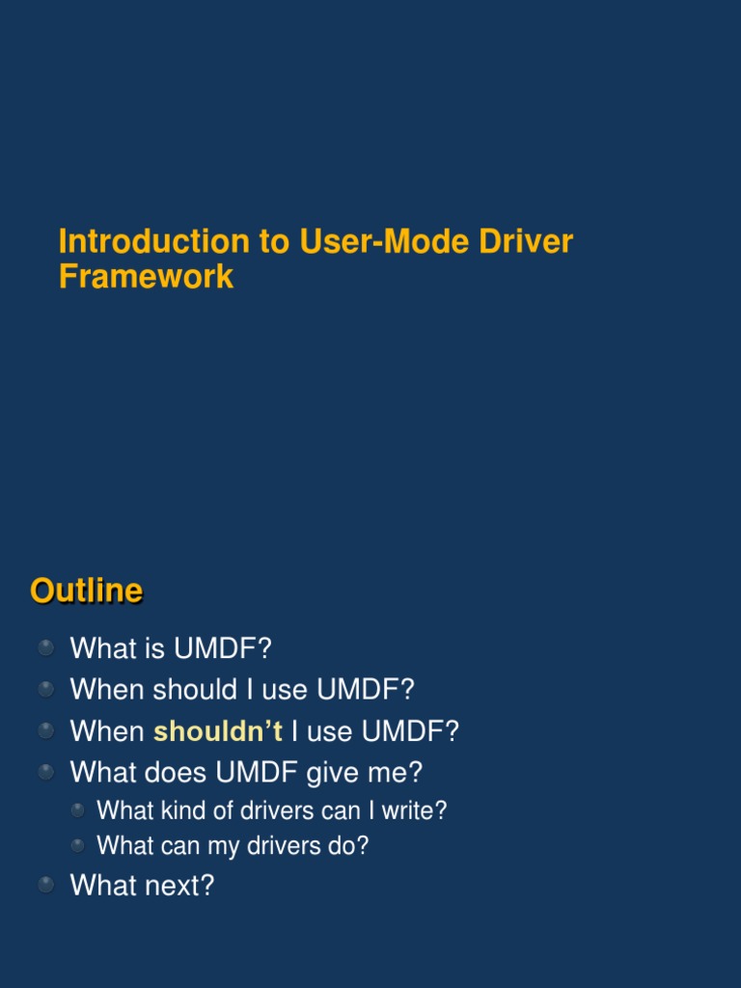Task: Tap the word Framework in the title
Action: pos(146,277)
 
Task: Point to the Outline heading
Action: pos(86,590)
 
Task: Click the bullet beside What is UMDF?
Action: pos(46,647)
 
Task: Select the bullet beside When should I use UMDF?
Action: pos(46,689)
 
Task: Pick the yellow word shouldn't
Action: pos(218,731)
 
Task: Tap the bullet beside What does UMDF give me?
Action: pos(46,772)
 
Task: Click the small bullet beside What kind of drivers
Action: pos(77,810)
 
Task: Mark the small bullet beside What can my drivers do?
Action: pos(77,846)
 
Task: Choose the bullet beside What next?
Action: pos(46,885)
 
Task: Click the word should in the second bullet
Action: pos(195,690)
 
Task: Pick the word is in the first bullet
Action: pos(157,648)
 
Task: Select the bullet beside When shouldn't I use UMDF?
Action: pos(46,730)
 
